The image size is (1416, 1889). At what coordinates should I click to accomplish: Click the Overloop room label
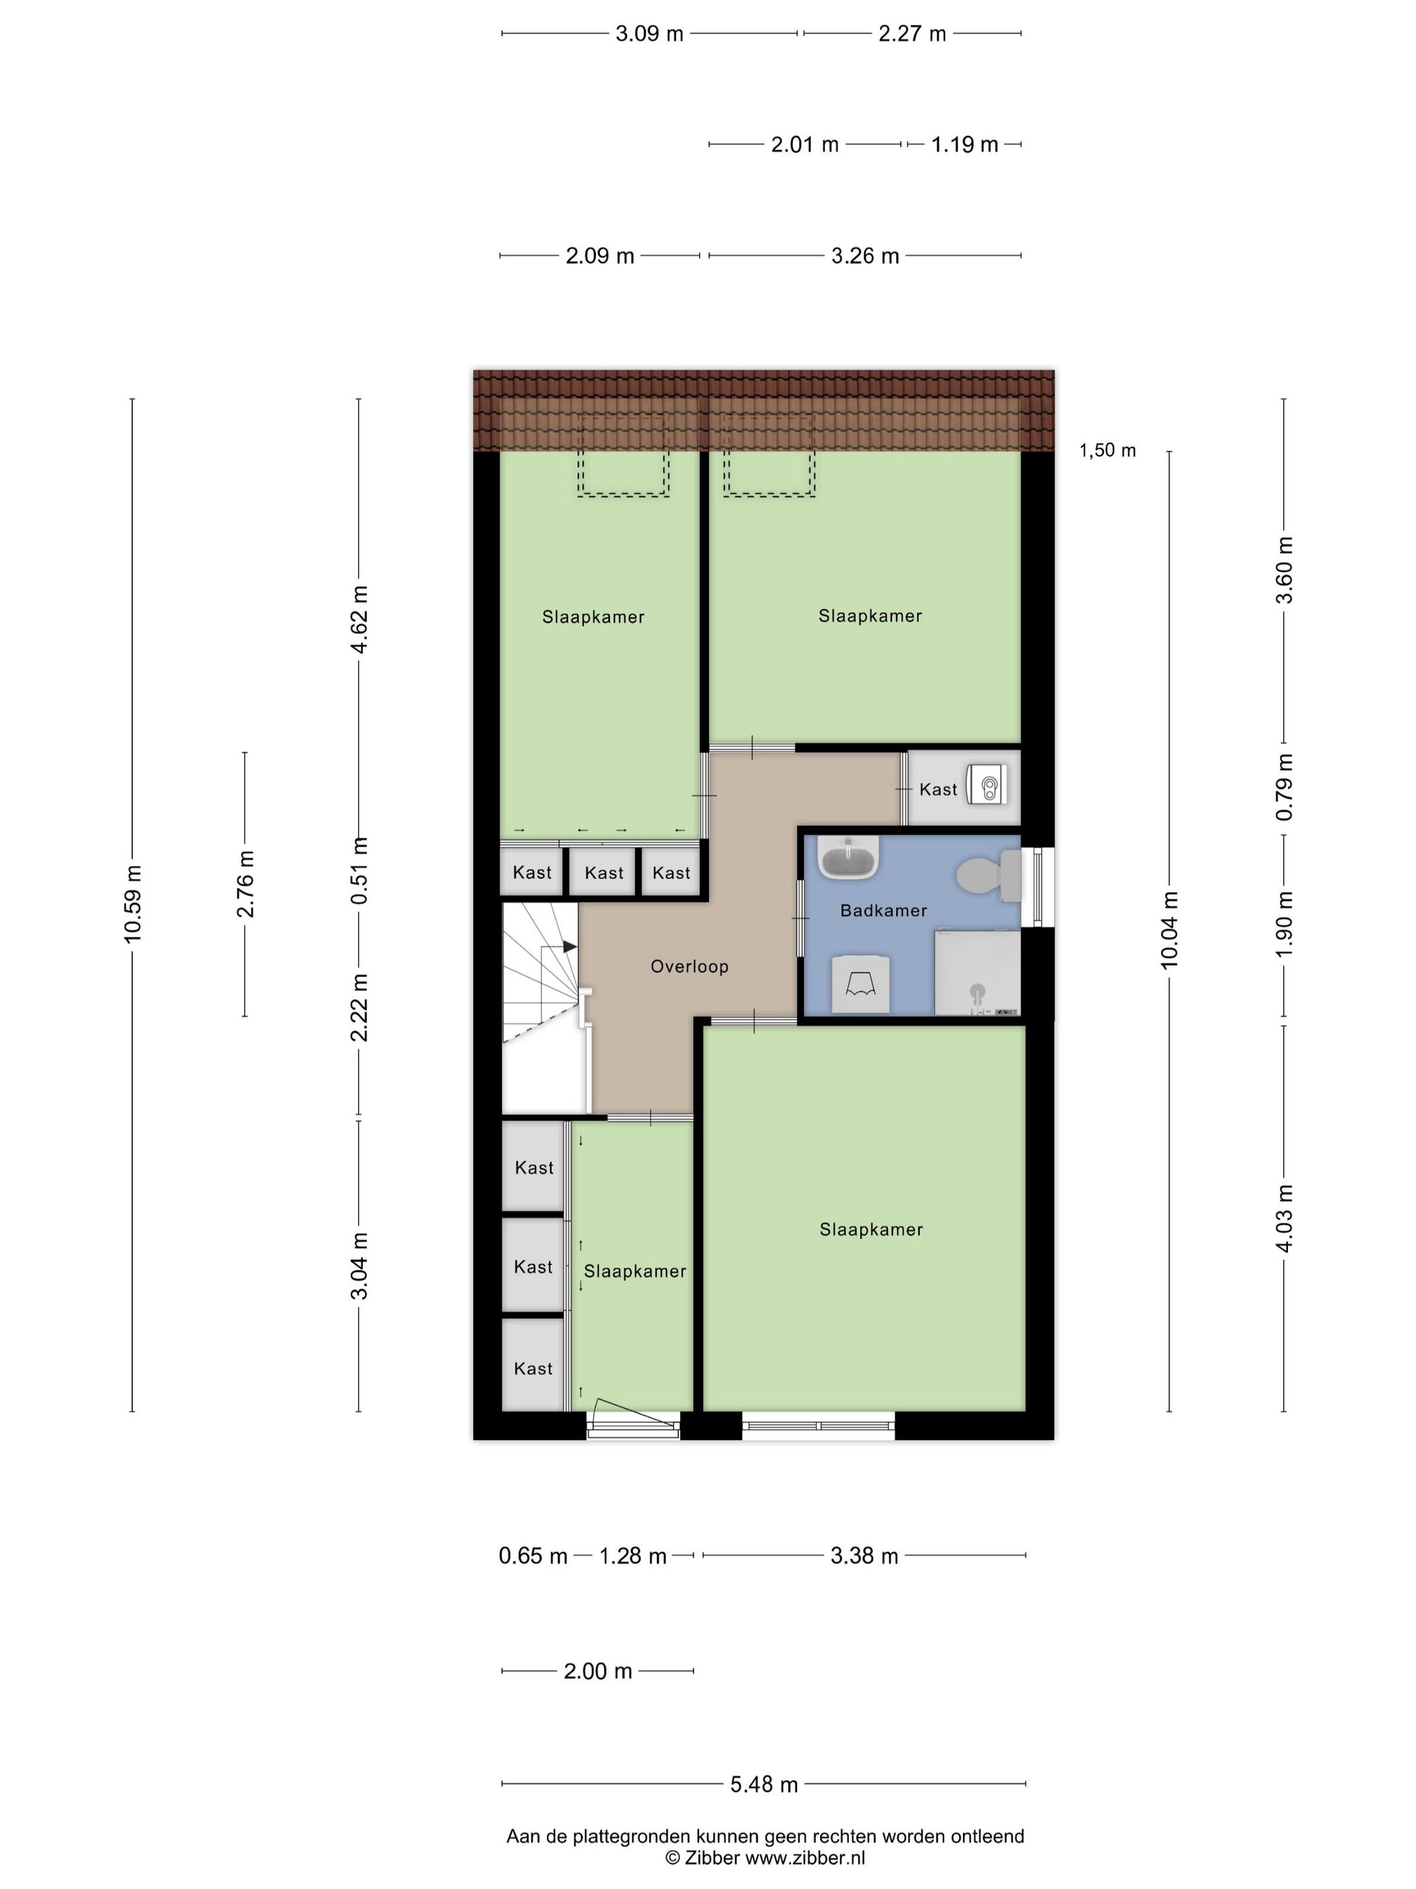click(689, 967)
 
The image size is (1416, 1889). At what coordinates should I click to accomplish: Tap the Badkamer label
click(883, 910)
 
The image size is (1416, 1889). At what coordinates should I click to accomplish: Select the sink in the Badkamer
click(848, 857)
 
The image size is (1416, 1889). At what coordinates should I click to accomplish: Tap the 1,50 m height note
click(1107, 450)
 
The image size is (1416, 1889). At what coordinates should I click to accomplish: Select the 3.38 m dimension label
click(864, 1556)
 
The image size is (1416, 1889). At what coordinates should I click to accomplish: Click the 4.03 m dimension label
click(1285, 1218)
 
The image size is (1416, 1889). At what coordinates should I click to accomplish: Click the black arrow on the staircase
click(569, 947)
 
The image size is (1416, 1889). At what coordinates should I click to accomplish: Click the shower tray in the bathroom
click(977, 973)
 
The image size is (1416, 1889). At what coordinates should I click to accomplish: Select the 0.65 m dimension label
click(533, 1556)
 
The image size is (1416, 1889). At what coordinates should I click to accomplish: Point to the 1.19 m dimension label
click(964, 145)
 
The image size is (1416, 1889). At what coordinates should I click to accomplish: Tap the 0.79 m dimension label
click(1285, 787)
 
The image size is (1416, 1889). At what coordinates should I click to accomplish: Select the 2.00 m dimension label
click(597, 1671)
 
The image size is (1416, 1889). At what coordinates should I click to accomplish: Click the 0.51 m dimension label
click(360, 870)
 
